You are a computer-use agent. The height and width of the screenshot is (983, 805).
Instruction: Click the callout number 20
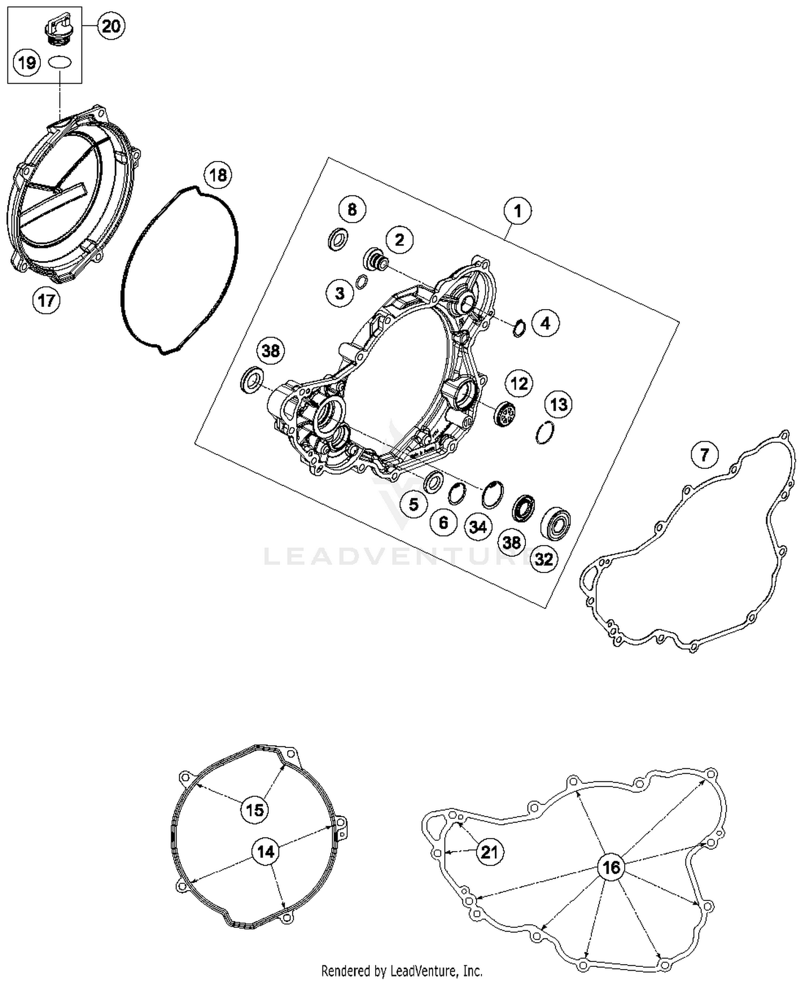tap(111, 26)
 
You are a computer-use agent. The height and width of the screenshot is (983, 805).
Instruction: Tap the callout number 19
tap(27, 63)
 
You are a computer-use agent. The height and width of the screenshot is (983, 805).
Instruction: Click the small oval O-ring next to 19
tap(60, 62)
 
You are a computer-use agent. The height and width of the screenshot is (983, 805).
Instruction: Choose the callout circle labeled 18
tap(218, 175)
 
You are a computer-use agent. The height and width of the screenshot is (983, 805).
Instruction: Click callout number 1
tap(517, 211)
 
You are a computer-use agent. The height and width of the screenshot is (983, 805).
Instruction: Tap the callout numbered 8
tap(352, 209)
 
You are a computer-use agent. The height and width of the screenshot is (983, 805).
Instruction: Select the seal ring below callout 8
tap(338, 239)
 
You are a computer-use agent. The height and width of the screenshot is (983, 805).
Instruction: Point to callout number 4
tap(545, 323)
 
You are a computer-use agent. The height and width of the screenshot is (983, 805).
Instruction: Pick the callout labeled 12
tap(519, 383)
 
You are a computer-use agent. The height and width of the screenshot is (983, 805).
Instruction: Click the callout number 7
tap(704, 455)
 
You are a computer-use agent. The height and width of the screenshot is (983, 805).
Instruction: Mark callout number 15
tap(254, 809)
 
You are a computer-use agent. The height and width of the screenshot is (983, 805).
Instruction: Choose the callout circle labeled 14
tap(266, 852)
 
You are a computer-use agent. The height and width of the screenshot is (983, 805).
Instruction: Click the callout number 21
tap(489, 852)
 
